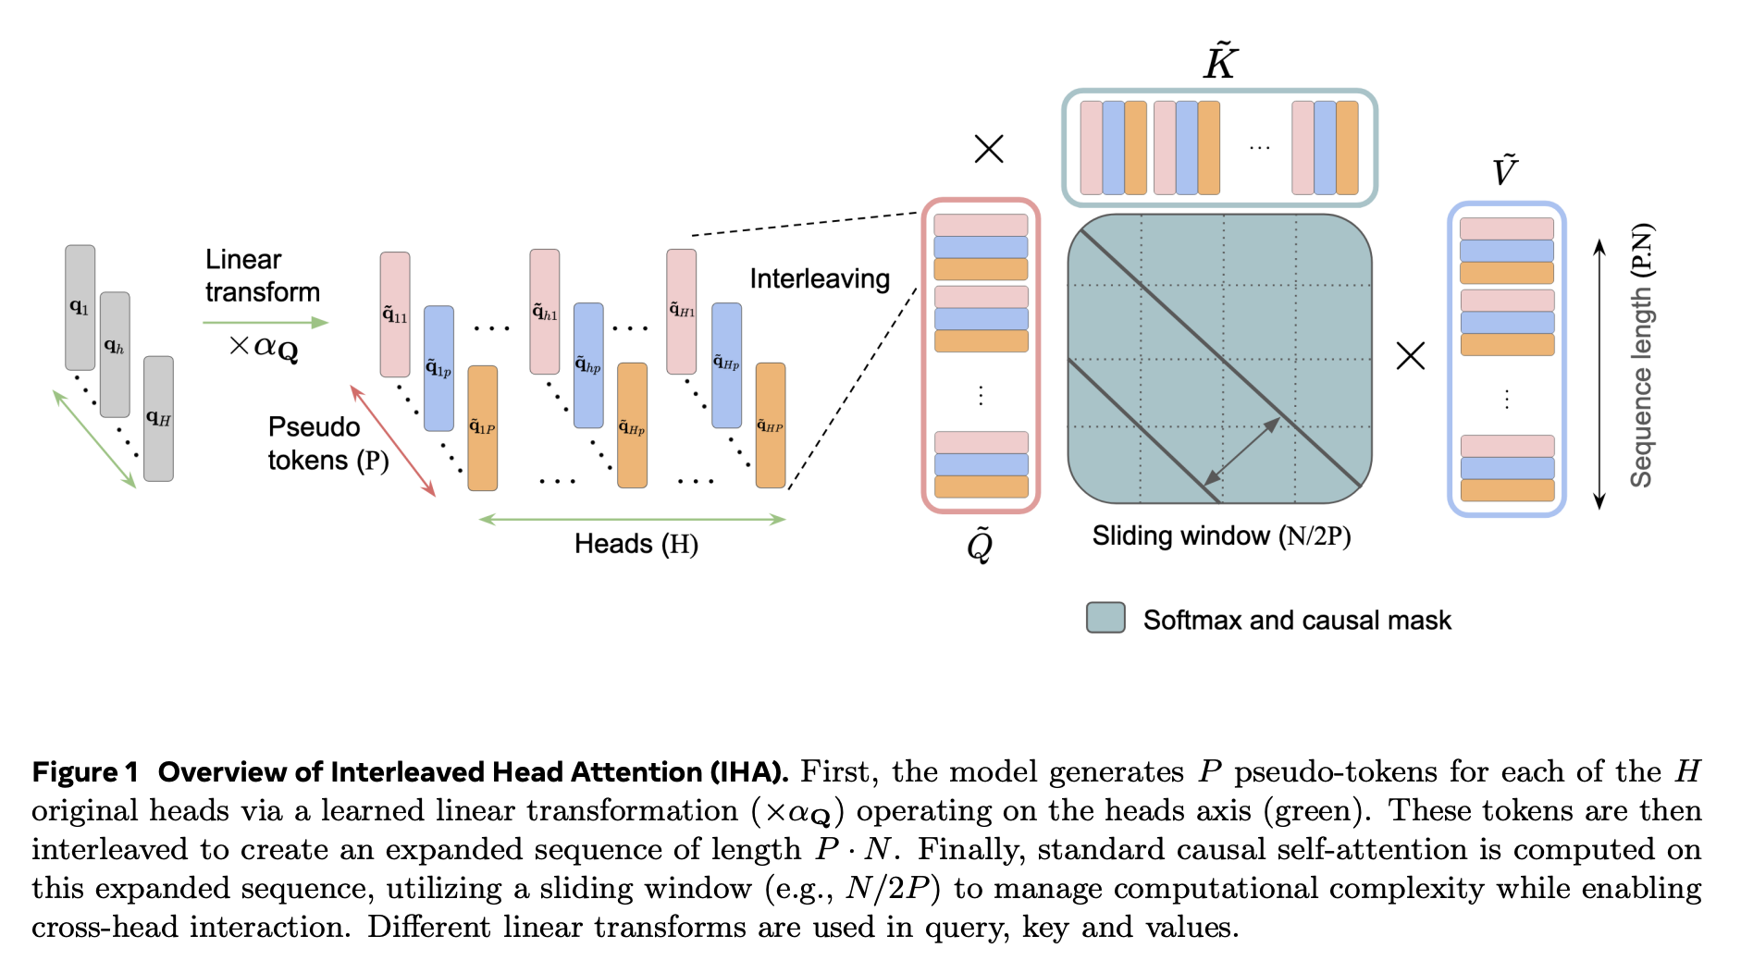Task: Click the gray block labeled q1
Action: coord(80,307)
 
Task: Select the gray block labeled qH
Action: coord(158,418)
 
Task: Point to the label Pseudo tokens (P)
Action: coord(327,443)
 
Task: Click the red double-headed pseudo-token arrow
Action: coord(392,440)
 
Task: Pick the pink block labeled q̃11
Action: coord(395,314)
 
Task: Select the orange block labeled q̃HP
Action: coord(771,425)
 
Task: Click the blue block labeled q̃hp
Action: coord(588,365)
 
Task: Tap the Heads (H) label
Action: coord(636,544)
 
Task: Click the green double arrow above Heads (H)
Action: coord(632,520)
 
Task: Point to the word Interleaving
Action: coord(820,278)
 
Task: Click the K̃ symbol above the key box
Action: coord(1220,62)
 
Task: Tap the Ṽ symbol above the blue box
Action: coord(1505,171)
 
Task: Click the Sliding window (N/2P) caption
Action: coord(1221,536)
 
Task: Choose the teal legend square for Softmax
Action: coord(1105,618)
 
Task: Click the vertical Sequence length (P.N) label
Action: coord(1641,356)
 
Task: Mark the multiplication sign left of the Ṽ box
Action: coord(1411,356)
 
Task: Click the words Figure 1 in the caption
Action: coord(85,772)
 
